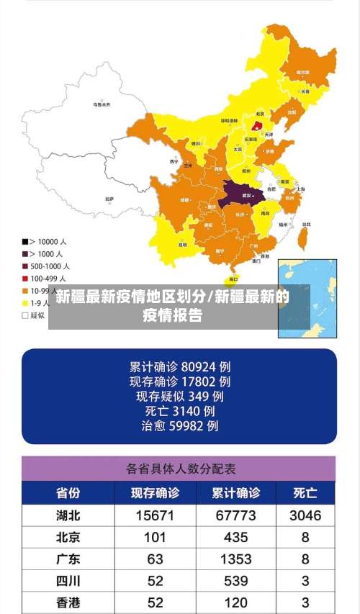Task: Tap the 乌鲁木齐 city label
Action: (x=102, y=104)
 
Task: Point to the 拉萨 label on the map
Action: (x=109, y=199)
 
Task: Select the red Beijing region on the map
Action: (x=257, y=125)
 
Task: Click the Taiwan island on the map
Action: (x=304, y=232)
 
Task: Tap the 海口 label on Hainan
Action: (x=233, y=279)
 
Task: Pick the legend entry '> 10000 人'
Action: (x=43, y=242)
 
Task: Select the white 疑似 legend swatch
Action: (x=25, y=315)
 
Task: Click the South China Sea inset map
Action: (x=307, y=297)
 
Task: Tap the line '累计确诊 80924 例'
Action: (x=179, y=366)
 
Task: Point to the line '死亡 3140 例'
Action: (x=179, y=411)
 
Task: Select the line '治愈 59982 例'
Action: (x=179, y=426)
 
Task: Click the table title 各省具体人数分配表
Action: (x=181, y=469)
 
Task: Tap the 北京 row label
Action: (x=68, y=537)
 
